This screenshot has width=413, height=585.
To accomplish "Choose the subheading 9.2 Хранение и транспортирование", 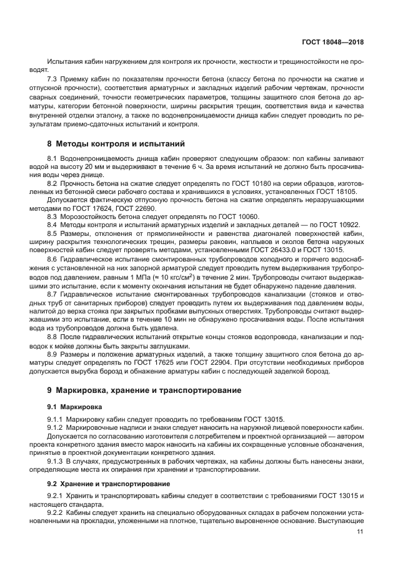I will coord(107,484).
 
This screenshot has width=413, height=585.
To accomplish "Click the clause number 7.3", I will coord(53,81).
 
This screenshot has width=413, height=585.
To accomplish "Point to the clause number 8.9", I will coord(53,353).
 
